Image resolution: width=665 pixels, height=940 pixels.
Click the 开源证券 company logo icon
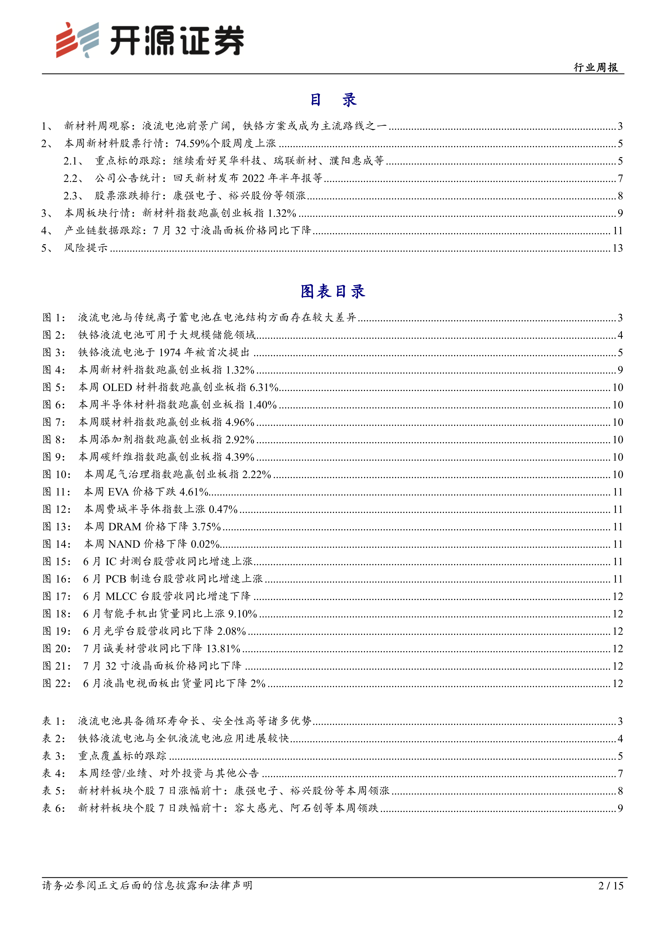(x=78, y=40)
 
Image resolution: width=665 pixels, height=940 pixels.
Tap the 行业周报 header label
(x=596, y=67)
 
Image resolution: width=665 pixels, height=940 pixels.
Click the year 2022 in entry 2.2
(x=254, y=178)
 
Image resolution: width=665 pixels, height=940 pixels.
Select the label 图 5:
(x=54, y=387)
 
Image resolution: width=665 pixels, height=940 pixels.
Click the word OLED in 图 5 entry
(x=117, y=387)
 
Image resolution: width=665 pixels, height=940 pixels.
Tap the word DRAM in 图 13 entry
(x=124, y=527)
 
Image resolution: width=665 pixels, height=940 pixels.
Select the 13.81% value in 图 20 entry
(x=223, y=648)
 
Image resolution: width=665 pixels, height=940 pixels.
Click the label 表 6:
(x=54, y=808)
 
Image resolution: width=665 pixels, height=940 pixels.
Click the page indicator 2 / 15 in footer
(x=611, y=886)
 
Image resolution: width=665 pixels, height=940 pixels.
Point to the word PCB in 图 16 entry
(x=116, y=579)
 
